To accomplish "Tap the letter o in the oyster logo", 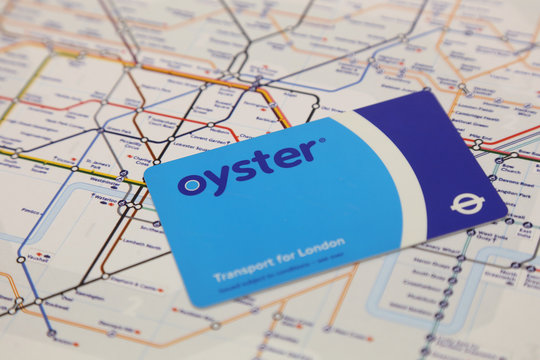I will (x=191, y=184).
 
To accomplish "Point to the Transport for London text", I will (x=279, y=258).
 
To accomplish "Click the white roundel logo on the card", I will (x=466, y=202).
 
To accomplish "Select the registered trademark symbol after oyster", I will (x=321, y=140).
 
